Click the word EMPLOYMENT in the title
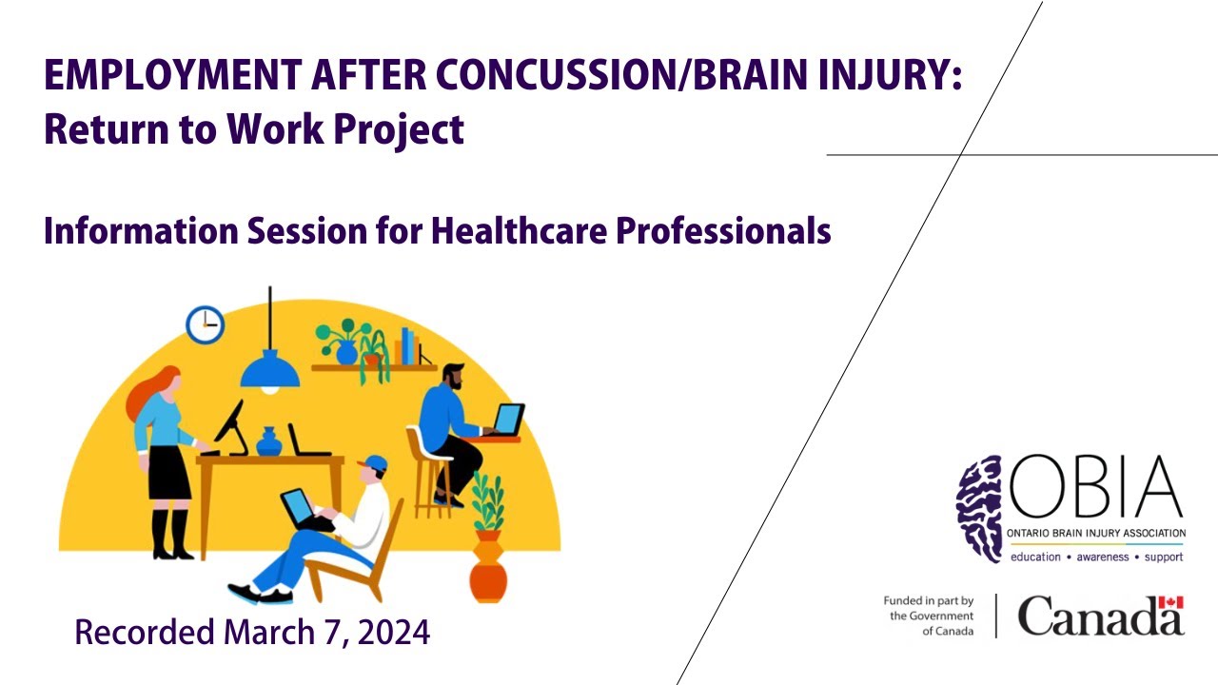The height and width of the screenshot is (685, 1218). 173,74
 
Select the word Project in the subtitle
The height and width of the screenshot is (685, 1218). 399,130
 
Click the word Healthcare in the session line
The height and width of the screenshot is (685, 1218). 519,230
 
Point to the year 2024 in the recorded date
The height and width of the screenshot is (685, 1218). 394,633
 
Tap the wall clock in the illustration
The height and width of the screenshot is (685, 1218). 205,324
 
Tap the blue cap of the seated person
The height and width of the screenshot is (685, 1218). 374,463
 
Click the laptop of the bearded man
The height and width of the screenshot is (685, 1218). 507,420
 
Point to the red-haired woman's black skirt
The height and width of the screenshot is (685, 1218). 168,472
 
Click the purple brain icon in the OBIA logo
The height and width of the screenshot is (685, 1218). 979,508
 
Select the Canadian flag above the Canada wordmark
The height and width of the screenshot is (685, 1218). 1170,602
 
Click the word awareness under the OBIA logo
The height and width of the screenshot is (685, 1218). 1103,557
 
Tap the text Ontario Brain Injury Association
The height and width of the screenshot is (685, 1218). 1096,534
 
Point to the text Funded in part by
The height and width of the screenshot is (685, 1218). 928,600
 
